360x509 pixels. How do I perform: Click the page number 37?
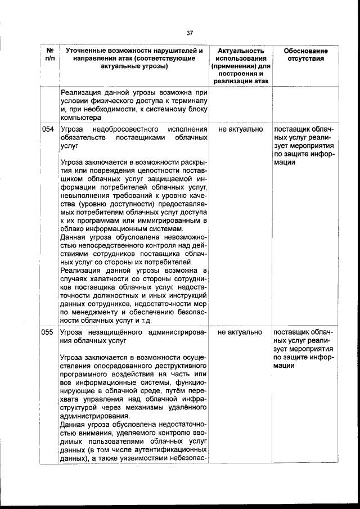[190, 32]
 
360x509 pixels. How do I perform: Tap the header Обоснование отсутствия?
[305, 55]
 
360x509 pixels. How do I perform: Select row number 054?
[48, 129]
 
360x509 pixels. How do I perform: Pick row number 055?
[48, 332]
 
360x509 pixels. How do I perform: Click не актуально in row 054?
[240, 129]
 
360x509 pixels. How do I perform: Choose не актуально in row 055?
[240, 332]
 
